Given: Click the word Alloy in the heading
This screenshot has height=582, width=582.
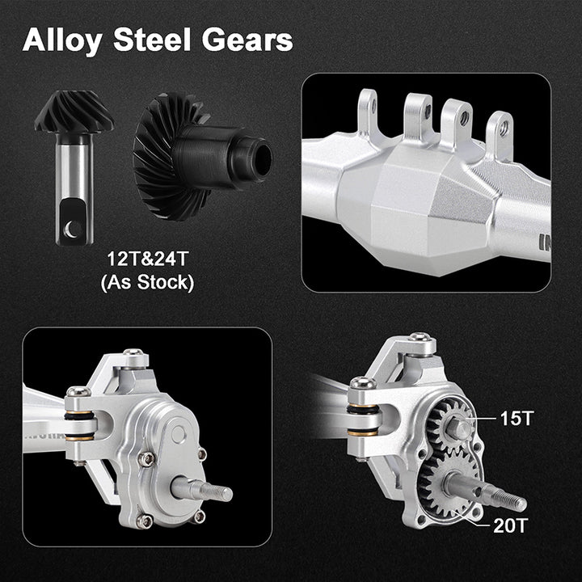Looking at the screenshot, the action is pos(62,41).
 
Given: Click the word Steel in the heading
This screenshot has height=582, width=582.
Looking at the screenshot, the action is pos(152,40).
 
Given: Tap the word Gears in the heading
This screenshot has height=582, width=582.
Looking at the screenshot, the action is pos(247,40).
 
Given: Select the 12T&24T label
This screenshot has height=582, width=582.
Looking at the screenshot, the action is pos(147,259).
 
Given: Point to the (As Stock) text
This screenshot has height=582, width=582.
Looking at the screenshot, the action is pos(147,282).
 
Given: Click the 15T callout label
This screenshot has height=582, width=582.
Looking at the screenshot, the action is pos(517,419).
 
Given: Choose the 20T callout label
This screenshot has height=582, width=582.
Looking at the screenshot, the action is pos(510,525).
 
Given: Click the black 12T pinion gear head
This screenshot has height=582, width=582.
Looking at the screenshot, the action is pos(74,112).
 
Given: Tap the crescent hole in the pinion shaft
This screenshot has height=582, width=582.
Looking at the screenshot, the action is pos(72,228).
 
